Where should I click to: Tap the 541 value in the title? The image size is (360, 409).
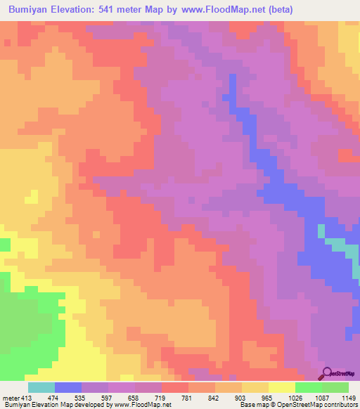point(124,9)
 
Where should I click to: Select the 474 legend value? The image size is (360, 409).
point(68,398)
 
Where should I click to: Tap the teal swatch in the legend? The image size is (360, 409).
point(41,387)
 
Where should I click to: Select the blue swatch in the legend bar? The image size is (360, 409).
point(68,387)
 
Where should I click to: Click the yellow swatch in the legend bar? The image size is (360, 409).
point(282,387)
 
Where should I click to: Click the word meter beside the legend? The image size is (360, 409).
point(11,398)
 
